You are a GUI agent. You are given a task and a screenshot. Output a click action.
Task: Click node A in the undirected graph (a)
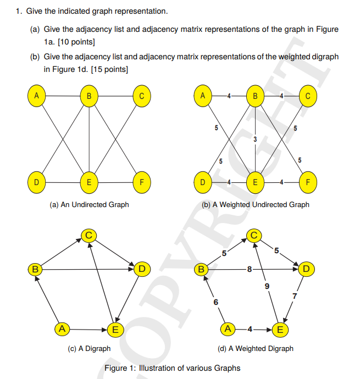point(36,96)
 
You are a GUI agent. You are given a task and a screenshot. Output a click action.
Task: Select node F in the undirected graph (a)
point(142,181)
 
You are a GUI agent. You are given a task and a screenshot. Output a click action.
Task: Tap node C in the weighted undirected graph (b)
point(308,96)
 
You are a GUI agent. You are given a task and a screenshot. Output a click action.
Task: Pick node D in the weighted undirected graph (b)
point(203,181)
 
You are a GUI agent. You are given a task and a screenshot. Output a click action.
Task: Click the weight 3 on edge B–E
point(255,138)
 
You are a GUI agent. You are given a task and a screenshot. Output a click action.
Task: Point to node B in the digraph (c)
point(35,269)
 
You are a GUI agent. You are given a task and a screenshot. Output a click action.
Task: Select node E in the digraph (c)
point(115,330)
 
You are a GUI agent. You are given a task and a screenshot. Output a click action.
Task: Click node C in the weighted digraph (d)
point(253,235)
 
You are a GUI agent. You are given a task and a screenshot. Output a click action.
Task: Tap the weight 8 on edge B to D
point(250,269)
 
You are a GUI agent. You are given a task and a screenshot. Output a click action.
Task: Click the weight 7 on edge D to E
point(295,297)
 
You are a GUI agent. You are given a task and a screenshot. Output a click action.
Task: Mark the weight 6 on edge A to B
point(215,302)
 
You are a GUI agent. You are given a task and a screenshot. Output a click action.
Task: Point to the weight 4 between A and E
point(250,330)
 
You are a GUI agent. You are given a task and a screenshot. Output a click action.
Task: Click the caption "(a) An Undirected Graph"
point(89,205)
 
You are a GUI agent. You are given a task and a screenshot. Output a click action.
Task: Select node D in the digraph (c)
point(141,269)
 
